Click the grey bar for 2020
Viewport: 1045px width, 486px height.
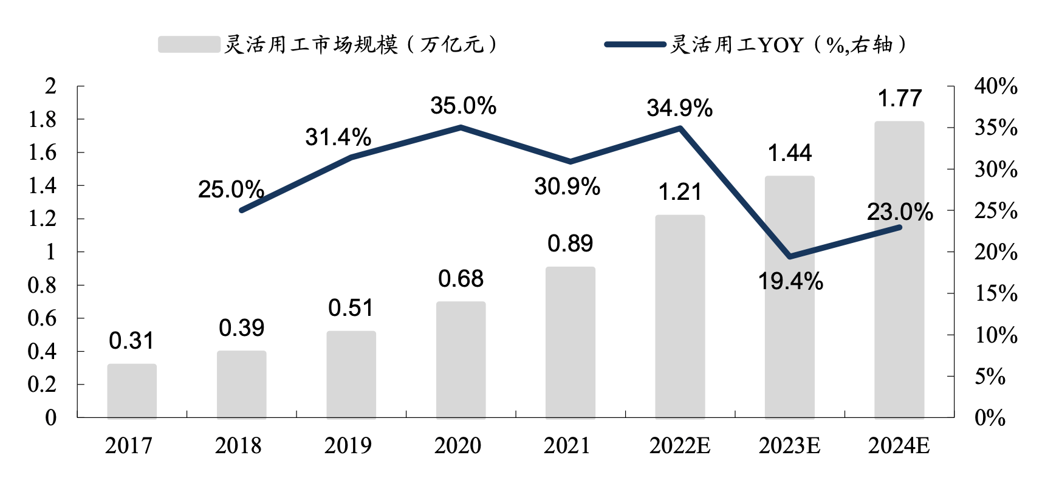coord(461,360)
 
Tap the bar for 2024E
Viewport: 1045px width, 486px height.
coord(899,270)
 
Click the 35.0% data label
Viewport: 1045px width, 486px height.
coord(463,106)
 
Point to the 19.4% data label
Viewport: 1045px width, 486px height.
coord(790,282)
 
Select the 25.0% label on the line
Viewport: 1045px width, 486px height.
coord(231,190)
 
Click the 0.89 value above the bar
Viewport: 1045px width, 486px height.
coord(570,244)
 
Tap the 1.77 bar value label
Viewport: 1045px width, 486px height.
coord(900,98)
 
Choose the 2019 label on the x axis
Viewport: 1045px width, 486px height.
coord(348,446)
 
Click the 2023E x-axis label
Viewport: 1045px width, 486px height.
coord(789,446)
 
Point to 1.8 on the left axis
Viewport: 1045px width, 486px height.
coord(43,120)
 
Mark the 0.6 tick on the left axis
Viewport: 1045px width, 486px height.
coord(43,318)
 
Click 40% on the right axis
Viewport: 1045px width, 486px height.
coord(996,86)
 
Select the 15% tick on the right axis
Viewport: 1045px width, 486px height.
coord(996,293)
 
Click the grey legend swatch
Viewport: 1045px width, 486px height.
coord(189,44)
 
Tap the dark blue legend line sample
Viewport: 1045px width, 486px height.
coord(635,44)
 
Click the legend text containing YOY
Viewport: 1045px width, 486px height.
coord(789,44)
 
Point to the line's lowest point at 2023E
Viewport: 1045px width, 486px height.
coord(789,257)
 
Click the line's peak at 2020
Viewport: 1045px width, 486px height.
coord(461,128)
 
